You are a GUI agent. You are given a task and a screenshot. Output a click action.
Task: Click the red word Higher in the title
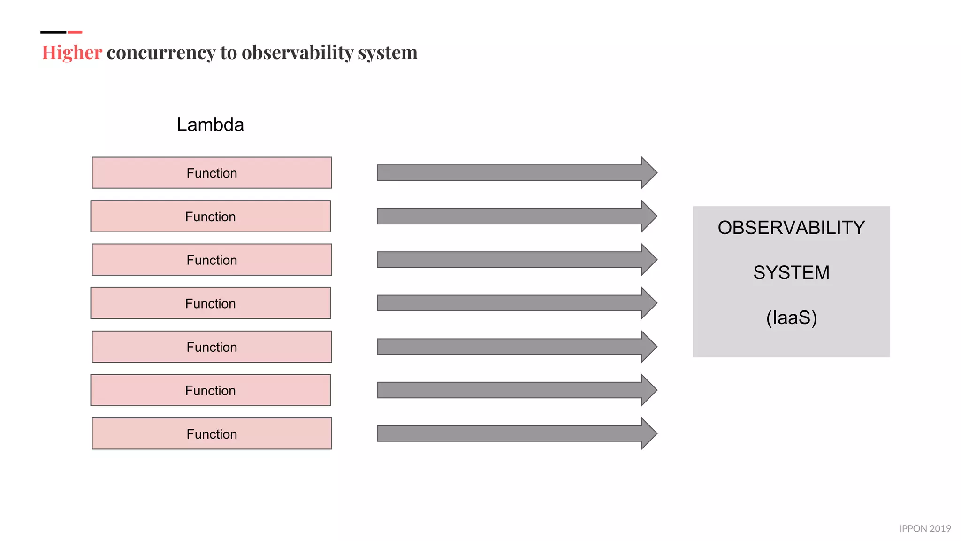[x=72, y=52]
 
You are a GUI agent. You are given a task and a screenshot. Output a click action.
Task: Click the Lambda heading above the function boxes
[x=210, y=125]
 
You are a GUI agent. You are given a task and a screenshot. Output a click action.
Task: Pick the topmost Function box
[x=212, y=173]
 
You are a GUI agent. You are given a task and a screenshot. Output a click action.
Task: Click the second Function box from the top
[x=210, y=216]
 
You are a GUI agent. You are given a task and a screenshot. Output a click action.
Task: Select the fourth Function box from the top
[x=210, y=303]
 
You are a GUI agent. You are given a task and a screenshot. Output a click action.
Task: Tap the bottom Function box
[x=212, y=434]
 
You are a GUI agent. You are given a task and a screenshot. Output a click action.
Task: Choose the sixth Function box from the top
[x=210, y=390]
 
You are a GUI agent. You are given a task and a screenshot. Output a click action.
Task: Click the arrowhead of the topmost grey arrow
[x=649, y=173]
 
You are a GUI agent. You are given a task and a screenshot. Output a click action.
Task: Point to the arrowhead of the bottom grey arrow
[x=649, y=433]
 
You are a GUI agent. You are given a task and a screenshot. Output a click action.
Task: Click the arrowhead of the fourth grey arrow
[x=649, y=303]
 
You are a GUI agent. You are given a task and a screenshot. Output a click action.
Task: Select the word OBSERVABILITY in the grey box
[x=791, y=228]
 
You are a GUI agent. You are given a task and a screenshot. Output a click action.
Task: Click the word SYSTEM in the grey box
[x=791, y=272]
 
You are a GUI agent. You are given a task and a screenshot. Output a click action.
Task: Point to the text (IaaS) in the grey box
[x=791, y=317]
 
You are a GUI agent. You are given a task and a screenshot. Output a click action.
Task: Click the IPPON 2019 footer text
[x=924, y=528]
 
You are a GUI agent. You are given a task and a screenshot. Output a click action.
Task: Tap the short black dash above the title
[x=53, y=32]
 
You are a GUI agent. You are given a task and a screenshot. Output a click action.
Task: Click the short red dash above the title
[x=75, y=32]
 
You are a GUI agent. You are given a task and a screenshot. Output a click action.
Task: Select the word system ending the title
[x=388, y=53]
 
